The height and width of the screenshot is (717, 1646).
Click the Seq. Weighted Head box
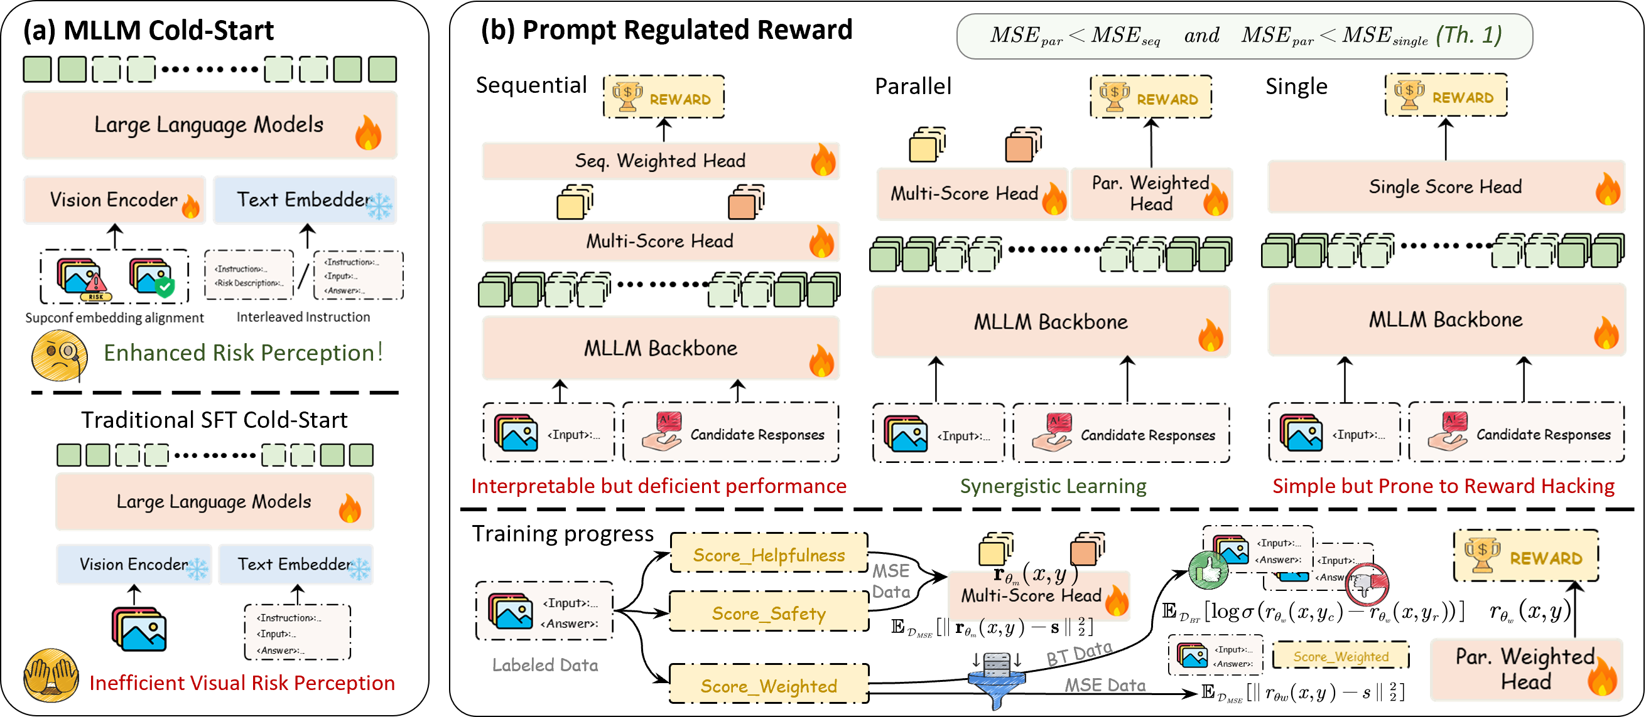[660, 161]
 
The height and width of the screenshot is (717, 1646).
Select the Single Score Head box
[1446, 187]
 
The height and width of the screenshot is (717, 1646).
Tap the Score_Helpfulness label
[769, 555]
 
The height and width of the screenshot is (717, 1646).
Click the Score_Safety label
[769, 613]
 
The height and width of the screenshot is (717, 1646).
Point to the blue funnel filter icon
[995, 680]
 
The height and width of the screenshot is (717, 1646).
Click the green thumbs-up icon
[1208, 570]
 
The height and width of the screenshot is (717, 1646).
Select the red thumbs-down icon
[1366, 584]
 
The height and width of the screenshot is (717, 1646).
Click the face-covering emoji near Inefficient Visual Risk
[50, 676]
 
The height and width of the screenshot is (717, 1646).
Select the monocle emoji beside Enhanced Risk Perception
[60, 355]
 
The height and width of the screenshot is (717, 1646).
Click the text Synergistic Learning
[1053, 487]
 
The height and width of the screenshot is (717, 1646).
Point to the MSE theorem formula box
[1244, 36]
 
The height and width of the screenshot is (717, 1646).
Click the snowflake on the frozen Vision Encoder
[197, 568]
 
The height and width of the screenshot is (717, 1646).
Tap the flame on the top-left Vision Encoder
[190, 206]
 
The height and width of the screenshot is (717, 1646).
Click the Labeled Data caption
[545, 666]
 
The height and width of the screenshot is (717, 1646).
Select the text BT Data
[1080, 653]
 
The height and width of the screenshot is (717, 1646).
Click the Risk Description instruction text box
[249, 276]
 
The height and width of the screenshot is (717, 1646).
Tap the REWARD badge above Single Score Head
[1446, 96]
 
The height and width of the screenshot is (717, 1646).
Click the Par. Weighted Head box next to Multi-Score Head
[1151, 193]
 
